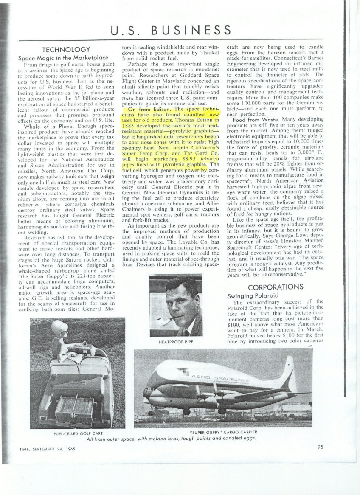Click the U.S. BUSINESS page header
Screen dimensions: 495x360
170,30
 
